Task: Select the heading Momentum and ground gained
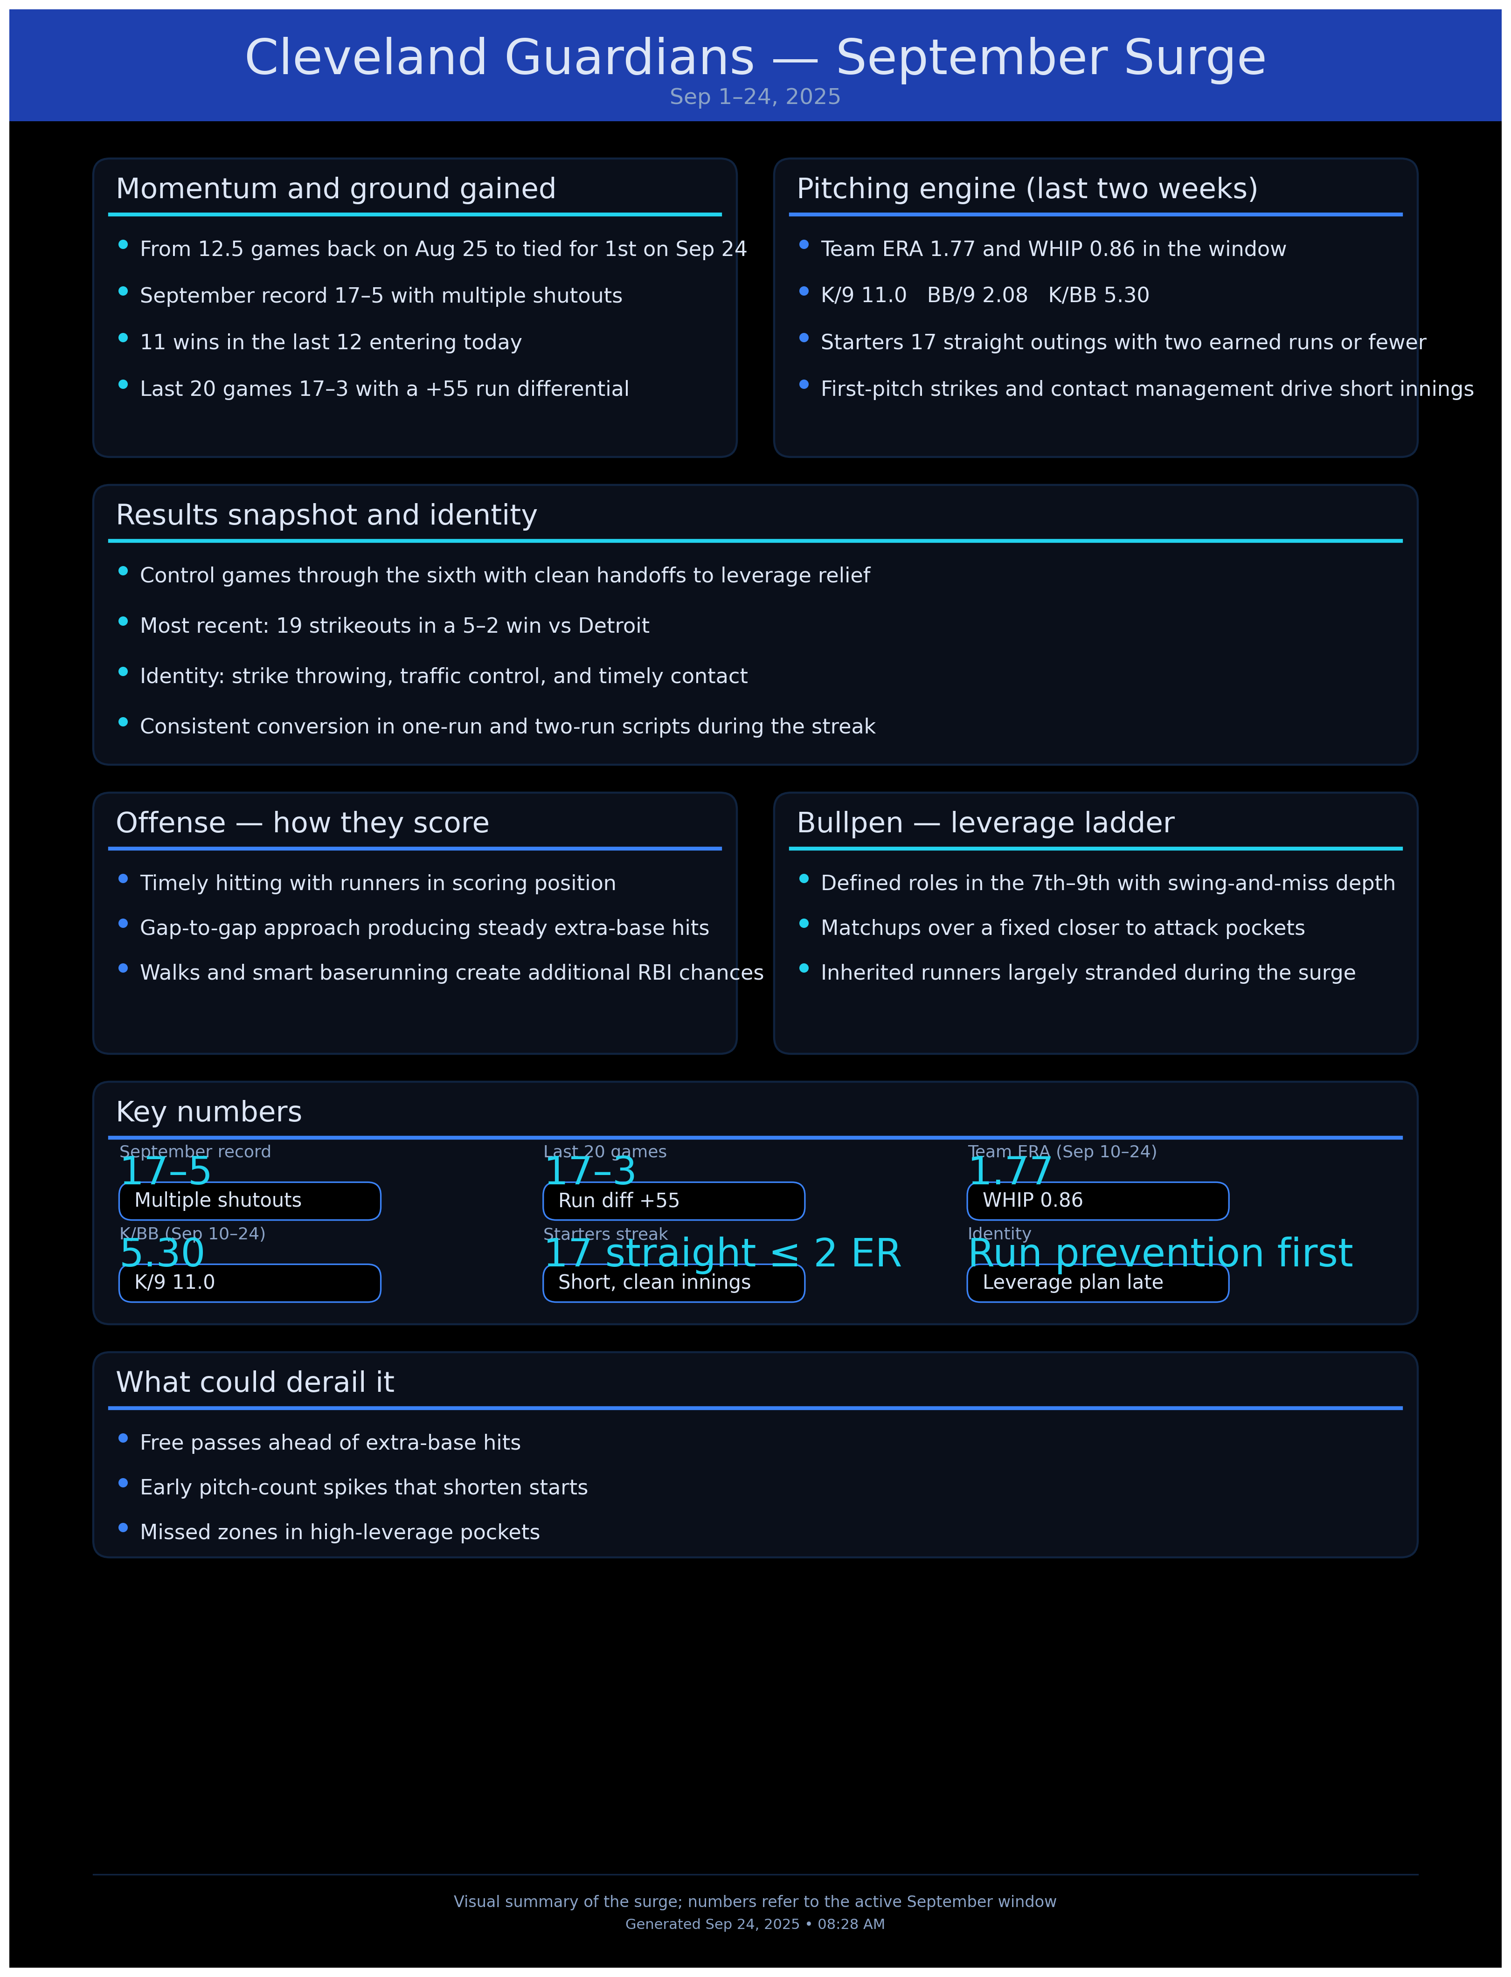coord(335,189)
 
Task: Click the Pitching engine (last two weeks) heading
coord(1027,189)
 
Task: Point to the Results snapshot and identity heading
coord(326,515)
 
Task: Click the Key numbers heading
coord(208,1112)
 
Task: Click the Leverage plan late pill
coord(1097,1282)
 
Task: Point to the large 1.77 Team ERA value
coord(1009,1170)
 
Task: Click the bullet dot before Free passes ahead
coord(123,1438)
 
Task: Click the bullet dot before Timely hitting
coord(123,879)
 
